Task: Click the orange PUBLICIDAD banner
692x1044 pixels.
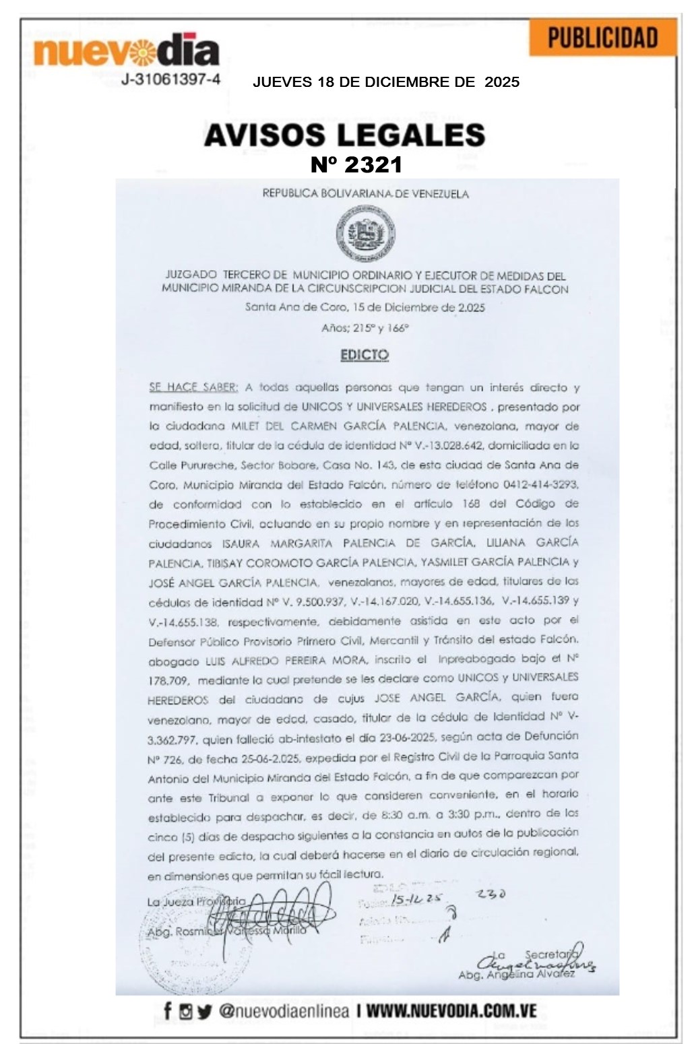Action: (602, 38)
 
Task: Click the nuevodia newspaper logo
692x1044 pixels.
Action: (126, 51)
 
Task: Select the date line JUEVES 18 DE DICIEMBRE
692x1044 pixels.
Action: (385, 82)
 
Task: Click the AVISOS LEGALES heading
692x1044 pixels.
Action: (344, 135)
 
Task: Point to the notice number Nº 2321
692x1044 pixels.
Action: (356, 164)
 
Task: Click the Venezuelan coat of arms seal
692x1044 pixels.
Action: (365, 234)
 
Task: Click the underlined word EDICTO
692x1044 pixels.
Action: (365, 355)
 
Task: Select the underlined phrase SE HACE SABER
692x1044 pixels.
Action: (193, 387)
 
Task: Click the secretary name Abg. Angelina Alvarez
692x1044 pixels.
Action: (515, 974)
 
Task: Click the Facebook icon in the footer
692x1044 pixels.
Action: (167, 1010)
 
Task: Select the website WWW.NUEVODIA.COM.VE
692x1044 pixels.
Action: (452, 1011)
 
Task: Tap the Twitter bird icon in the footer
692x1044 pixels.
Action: (204, 1011)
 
